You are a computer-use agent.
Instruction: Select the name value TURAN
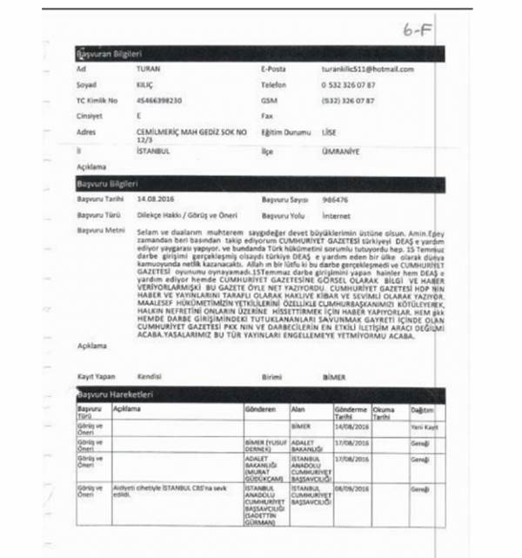pos(148,69)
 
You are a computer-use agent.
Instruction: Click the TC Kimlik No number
pos(159,100)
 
